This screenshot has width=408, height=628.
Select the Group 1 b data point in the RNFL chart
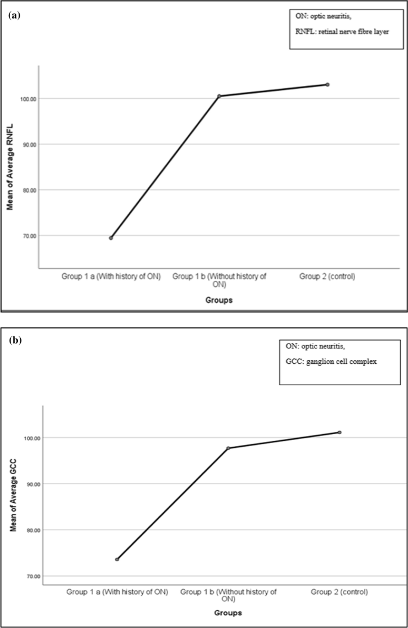tap(219, 96)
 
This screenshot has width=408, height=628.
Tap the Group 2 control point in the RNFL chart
tap(328, 85)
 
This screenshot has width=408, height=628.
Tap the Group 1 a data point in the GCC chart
tap(117, 559)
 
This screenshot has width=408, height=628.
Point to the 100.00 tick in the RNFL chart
tap(26, 98)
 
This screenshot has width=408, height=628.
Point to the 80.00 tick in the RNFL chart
tap(26, 190)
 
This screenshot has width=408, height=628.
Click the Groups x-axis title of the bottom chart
tap(228, 612)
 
